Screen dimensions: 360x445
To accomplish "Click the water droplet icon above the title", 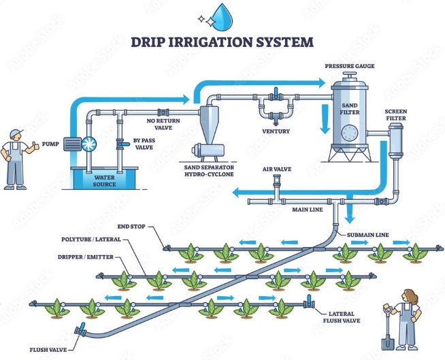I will (x=222, y=14).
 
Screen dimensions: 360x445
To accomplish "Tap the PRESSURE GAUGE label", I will (x=350, y=67).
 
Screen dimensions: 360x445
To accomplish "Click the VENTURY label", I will (x=277, y=131).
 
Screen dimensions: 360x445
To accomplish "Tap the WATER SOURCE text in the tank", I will (x=105, y=181).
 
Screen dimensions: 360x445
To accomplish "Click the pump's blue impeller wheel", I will (x=89, y=144).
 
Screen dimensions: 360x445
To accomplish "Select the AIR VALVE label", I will (x=278, y=167).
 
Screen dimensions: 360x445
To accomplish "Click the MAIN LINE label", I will (x=307, y=210).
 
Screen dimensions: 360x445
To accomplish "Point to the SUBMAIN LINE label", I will (x=368, y=234).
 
